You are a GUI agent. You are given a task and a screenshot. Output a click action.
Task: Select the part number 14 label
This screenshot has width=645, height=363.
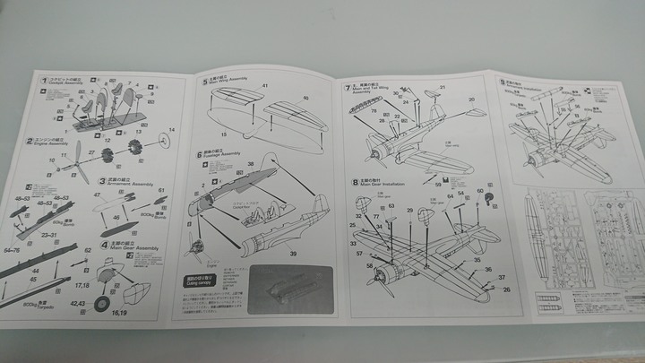tap(172, 131)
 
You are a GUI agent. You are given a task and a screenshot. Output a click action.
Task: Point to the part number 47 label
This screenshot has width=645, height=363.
tap(97, 194)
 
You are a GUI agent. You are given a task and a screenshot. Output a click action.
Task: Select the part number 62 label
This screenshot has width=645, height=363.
tap(88, 250)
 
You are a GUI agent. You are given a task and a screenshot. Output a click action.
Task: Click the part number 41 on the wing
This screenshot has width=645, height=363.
tap(265, 86)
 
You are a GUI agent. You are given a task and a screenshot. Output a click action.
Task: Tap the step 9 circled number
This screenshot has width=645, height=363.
tap(503, 82)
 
